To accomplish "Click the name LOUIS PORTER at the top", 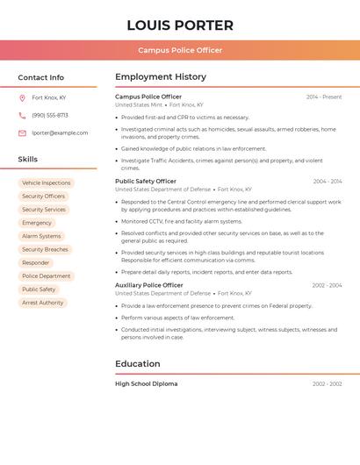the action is click(180, 25).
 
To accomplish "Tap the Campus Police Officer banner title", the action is click(180, 50).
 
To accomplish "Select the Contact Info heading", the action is click(41, 77).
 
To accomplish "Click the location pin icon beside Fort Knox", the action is click(22, 97).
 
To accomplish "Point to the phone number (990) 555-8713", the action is click(50, 115).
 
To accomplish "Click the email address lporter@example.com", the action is click(60, 132).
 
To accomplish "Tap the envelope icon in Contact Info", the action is click(22, 132).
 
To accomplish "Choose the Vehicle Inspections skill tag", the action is click(46, 183).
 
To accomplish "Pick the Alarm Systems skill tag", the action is click(41, 236).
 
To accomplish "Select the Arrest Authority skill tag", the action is click(42, 303).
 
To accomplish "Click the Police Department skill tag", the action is click(46, 275).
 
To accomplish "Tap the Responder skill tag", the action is click(36, 262).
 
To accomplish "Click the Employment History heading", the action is click(161, 77).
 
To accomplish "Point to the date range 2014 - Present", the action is click(324, 97).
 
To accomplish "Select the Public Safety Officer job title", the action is click(146, 181).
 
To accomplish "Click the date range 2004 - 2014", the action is click(327, 182).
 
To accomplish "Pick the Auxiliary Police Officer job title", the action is click(149, 285).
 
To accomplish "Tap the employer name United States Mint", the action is click(139, 104).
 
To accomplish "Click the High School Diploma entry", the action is click(147, 383).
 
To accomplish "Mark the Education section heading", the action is click(138, 363).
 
